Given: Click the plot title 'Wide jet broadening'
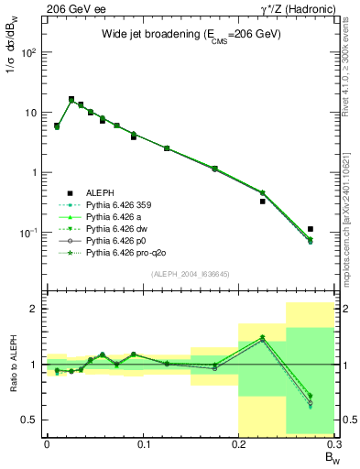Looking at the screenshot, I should pyautogui.click(x=191, y=34).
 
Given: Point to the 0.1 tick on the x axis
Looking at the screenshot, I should pyautogui.click(x=143, y=444).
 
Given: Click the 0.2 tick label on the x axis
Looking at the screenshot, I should pyautogui.click(x=238, y=444).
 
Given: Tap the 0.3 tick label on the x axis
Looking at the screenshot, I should pyautogui.click(x=333, y=444).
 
